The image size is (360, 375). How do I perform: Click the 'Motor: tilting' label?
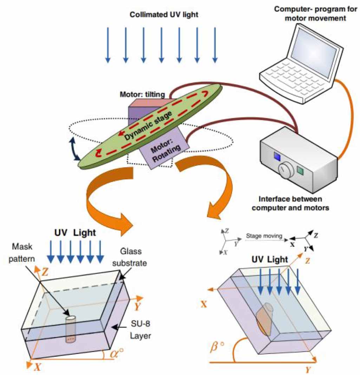click(x=148, y=94)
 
